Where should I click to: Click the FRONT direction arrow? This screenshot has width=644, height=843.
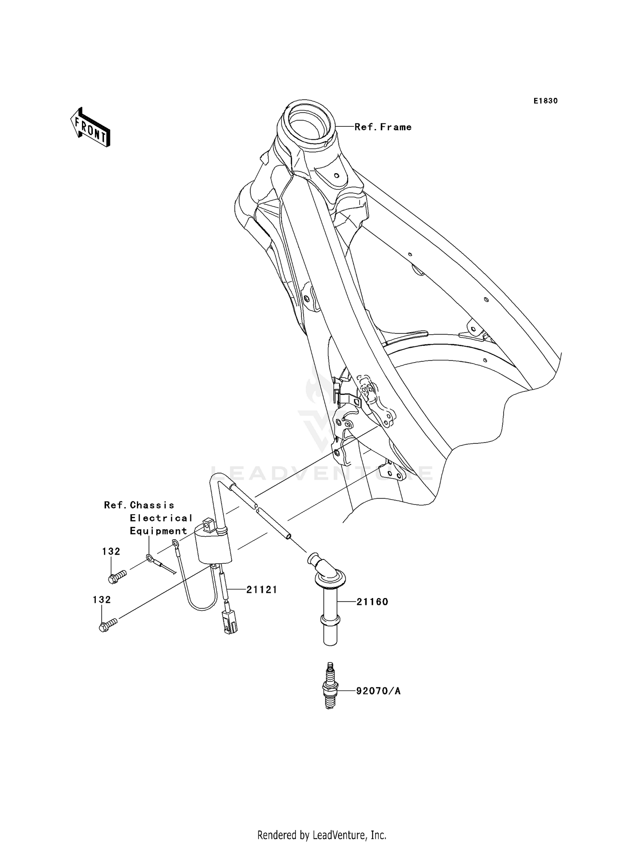90,128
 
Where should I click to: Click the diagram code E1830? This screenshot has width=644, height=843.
545,101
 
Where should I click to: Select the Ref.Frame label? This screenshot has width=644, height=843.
383,127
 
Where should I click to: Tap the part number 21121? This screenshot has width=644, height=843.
261,590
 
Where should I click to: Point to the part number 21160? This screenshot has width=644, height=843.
372,602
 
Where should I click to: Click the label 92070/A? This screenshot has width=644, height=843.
378,691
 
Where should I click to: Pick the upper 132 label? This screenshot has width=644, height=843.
111,551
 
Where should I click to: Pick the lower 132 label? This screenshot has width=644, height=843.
102,599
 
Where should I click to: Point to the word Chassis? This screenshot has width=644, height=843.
152,505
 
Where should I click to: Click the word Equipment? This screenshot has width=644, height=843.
158,531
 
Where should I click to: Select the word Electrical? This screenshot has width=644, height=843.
161,518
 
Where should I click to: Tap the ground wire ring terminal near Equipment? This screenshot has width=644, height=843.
150,558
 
